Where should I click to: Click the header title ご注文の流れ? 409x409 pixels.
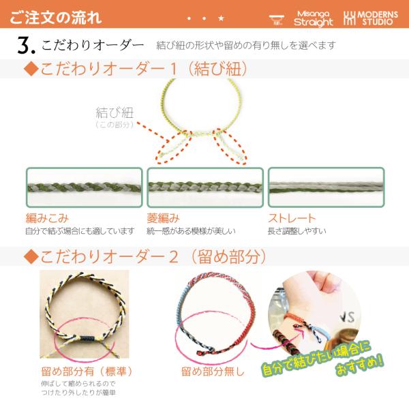56,18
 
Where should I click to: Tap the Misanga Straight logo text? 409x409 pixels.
314,18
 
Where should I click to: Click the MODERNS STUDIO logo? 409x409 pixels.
371,18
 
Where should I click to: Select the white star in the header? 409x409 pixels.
221,18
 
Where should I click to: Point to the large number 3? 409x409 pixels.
26,45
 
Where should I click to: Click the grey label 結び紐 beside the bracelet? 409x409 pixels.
115,112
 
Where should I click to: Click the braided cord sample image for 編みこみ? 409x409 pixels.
85,187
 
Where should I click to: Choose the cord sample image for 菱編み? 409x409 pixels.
205,187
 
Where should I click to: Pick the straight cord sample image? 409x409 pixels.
326,187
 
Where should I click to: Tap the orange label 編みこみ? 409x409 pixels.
47,218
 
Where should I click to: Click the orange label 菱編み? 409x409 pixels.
163,218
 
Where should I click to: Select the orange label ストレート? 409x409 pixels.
292,218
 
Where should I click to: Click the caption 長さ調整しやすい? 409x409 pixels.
297,231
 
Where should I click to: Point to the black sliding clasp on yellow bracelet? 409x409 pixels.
85,339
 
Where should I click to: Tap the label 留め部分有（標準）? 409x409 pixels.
87,372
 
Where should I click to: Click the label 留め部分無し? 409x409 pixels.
213,372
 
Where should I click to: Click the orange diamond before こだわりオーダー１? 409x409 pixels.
31,69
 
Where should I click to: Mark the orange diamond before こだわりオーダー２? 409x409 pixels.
31,256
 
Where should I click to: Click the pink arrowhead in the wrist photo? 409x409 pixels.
301,331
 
